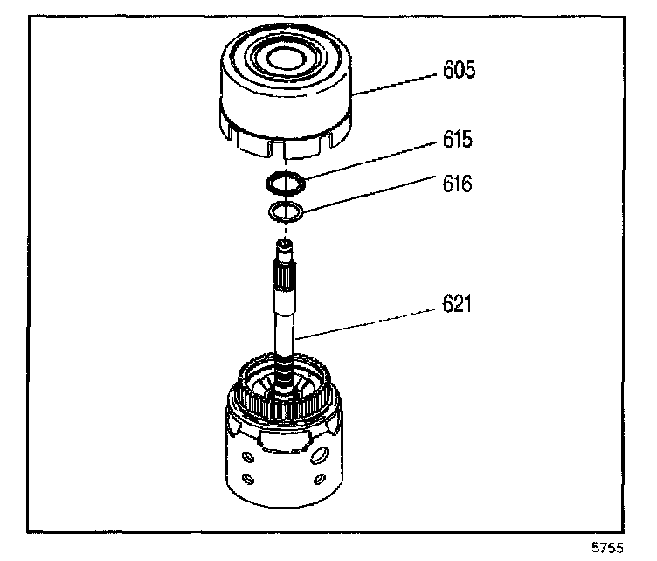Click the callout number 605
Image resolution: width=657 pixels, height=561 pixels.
click(459, 71)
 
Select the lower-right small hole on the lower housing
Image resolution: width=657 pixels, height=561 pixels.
click(320, 480)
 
